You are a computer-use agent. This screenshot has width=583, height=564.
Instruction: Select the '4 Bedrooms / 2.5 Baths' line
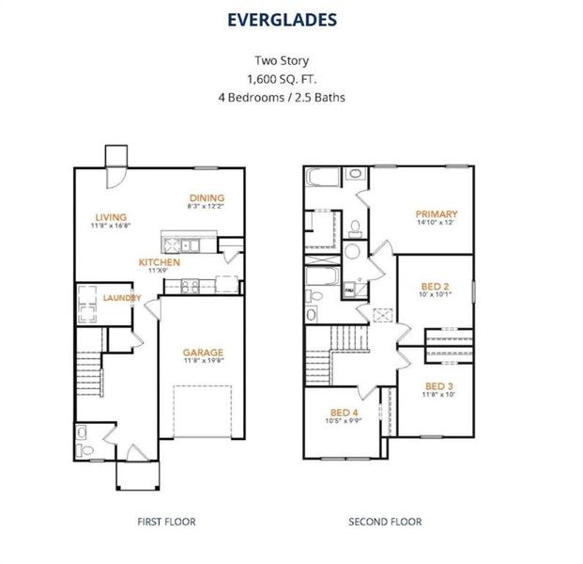(291, 96)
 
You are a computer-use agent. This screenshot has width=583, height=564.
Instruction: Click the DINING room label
(207, 197)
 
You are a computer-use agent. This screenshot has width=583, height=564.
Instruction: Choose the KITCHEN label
(159, 262)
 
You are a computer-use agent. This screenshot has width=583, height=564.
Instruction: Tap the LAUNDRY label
(122, 298)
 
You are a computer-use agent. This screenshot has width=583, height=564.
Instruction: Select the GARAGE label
(203, 352)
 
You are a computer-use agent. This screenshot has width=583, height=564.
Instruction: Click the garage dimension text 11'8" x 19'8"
(203, 362)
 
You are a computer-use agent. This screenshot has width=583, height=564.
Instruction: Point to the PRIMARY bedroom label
(437, 214)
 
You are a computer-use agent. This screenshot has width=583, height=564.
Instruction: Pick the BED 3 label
(438, 385)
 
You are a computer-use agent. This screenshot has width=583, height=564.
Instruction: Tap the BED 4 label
(344, 413)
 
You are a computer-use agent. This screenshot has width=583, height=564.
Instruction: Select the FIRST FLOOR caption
(168, 522)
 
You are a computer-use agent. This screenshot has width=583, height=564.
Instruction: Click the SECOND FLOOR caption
(385, 522)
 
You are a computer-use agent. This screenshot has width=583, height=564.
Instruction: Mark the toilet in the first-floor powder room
(84, 451)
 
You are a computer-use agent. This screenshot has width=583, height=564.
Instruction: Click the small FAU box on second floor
(349, 291)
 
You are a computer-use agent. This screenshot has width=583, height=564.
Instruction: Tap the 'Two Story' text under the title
(291, 59)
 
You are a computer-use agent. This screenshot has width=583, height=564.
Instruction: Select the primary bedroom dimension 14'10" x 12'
(437, 224)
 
